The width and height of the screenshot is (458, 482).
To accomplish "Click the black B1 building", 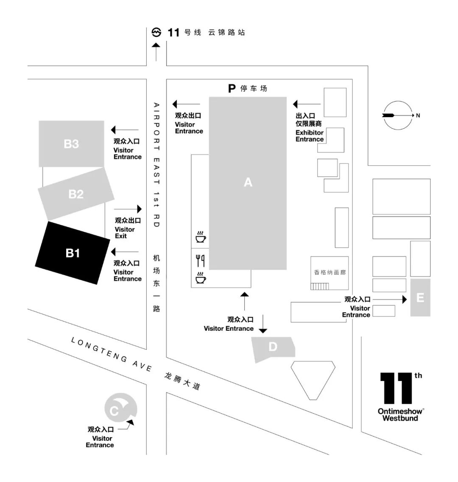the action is tap(73, 253).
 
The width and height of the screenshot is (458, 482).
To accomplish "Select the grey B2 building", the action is tap(76, 194).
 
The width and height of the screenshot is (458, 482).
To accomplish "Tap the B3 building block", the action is tap(71, 144).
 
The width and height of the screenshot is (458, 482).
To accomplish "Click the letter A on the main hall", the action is tap(248, 182).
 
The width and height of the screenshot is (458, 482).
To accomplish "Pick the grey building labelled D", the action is tap(273, 347).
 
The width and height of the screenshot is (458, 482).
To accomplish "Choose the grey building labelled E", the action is tap(420, 297).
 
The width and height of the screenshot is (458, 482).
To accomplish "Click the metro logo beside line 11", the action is tap(156, 32).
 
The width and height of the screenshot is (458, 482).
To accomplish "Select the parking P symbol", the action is tap(232, 88).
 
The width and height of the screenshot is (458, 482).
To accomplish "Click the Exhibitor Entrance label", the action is tap(309, 136).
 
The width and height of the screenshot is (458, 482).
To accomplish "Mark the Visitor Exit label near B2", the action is tap(125, 232).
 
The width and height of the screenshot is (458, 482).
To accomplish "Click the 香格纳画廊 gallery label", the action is tap(330, 272).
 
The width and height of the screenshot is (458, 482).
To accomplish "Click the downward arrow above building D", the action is tap(263, 324).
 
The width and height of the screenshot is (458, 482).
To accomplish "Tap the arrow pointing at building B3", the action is tap(125, 130).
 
